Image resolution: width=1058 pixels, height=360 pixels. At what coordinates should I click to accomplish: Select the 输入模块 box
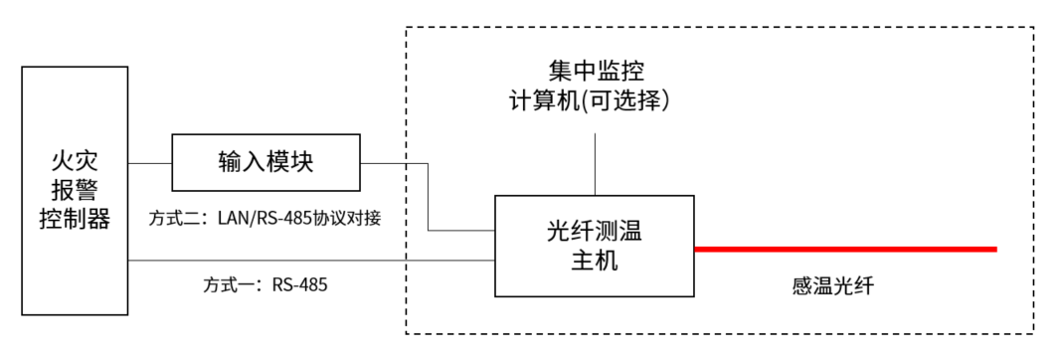click(265, 162)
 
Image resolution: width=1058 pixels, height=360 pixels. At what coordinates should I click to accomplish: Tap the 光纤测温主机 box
click(594, 246)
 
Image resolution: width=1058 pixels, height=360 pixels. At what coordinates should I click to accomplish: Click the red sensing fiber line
click(845, 249)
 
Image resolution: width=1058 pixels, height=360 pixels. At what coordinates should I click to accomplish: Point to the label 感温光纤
click(832, 286)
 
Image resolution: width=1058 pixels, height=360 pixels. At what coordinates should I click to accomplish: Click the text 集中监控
click(596, 72)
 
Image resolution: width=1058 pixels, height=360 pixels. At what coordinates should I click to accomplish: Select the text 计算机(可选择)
click(596, 101)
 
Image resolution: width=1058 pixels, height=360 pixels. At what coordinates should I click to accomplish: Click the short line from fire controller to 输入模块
click(150, 162)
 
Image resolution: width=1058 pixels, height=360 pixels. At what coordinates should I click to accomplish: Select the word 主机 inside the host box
click(595, 261)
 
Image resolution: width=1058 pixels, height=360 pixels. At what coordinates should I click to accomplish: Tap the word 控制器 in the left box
click(75, 218)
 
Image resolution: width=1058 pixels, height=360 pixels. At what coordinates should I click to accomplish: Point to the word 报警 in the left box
click(75, 190)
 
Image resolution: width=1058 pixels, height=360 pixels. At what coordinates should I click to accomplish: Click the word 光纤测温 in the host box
click(595, 232)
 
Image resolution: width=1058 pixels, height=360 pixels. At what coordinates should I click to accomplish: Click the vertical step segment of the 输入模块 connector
click(429, 196)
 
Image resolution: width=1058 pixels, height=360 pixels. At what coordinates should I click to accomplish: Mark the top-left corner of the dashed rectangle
click(407, 29)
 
